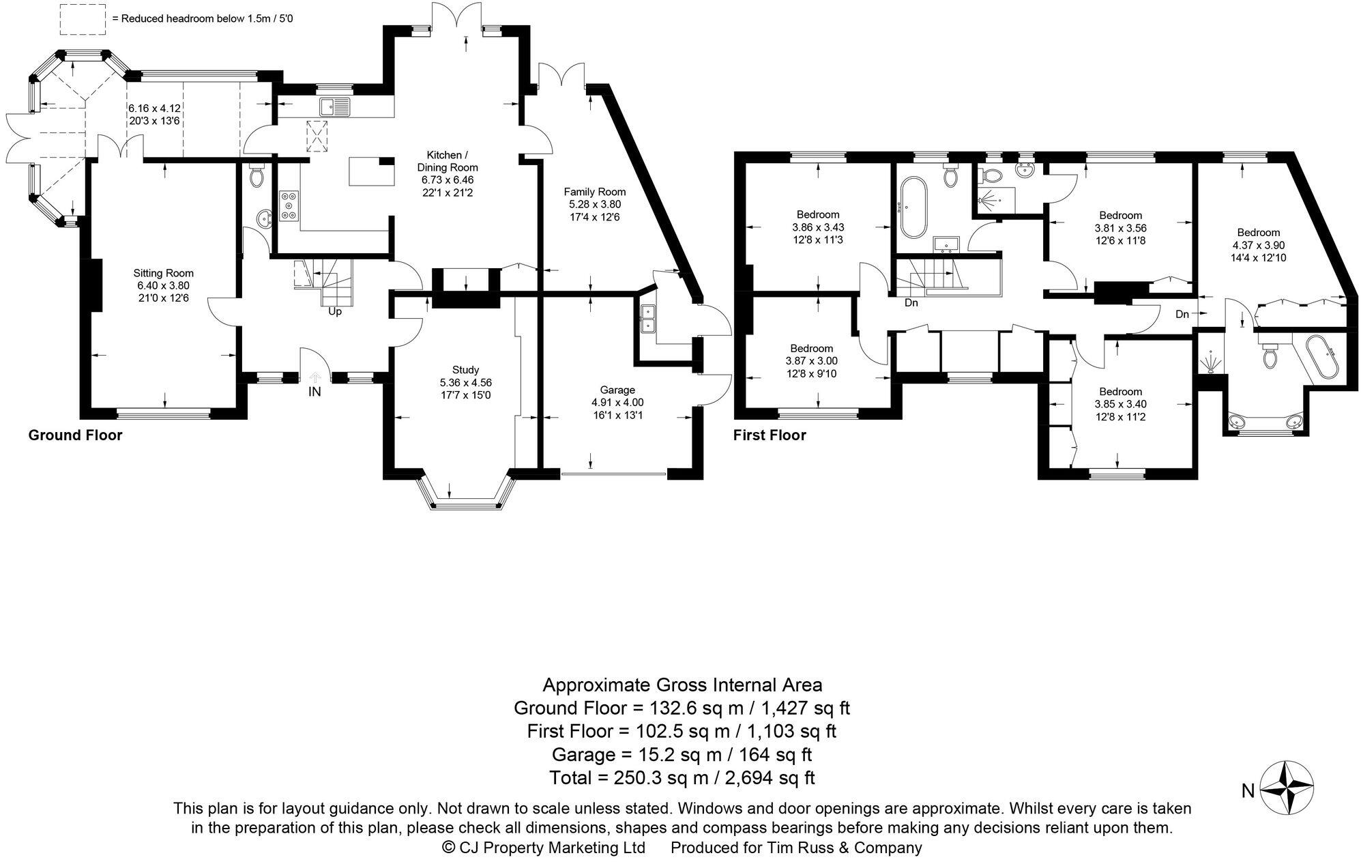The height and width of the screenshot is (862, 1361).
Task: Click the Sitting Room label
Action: pyautogui.click(x=163, y=273)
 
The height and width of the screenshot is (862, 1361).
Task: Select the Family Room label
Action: pyautogui.click(x=594, y=192)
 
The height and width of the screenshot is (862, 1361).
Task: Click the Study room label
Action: pyautogui.click(x=465, y=370)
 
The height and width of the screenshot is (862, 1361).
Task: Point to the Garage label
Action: pyautogui.click(x=617, y=390)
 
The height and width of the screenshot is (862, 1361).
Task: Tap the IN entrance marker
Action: pyautogui.click(x=314, y=392)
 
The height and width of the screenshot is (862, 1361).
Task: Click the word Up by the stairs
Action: pyautogui.click(x=335, y=312)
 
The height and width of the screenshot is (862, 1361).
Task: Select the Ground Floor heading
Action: pyautogui.click(x=75, y=435)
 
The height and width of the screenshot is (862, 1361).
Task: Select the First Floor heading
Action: pyautogui.click(x=770, y=435)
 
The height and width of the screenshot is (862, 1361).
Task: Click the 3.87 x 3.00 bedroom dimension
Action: pyautogui.click(x=811, y=361)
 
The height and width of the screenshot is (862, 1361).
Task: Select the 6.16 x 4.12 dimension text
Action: pyautogui.click(x=154, y=109)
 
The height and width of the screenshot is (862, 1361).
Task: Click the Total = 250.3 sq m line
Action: pyautogui.click(x=682, y=777)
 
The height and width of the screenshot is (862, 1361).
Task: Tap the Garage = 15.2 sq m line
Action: pyautogui.click(x=682, y=754)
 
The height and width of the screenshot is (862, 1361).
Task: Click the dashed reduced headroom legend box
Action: pyautogui.click(x=82, y=19)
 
